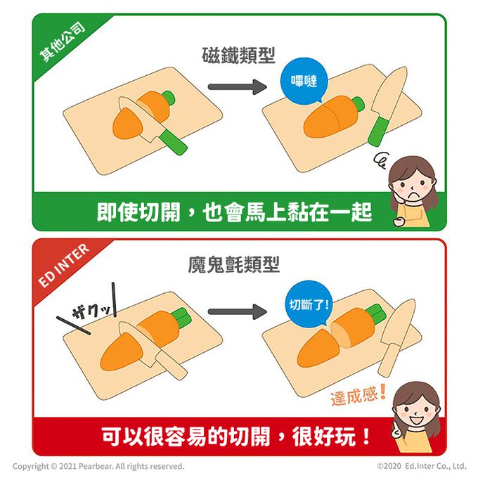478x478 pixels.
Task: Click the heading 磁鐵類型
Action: point(239,56)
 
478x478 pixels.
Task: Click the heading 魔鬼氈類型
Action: point(234,264)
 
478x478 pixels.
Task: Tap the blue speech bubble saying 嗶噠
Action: point(304,81)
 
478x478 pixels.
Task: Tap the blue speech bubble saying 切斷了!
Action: point(309,304)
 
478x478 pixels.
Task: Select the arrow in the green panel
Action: point(237,87)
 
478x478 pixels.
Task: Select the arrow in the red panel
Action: point(237,311)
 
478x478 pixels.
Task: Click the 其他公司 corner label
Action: point(63,42)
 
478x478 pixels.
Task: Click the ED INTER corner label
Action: point(65,265)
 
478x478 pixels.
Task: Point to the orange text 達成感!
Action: point(358,395)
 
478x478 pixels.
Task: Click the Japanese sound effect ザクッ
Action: point(91,311)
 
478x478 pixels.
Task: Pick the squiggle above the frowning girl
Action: point(380,160)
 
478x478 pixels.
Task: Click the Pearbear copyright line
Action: point(98,466)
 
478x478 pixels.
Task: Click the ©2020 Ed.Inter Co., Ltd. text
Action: point(422,466)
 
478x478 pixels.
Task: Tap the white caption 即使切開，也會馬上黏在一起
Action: point(234,212)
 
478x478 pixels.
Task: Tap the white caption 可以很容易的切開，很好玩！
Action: point(235,437)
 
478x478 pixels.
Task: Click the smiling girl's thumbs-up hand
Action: point(398,429)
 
